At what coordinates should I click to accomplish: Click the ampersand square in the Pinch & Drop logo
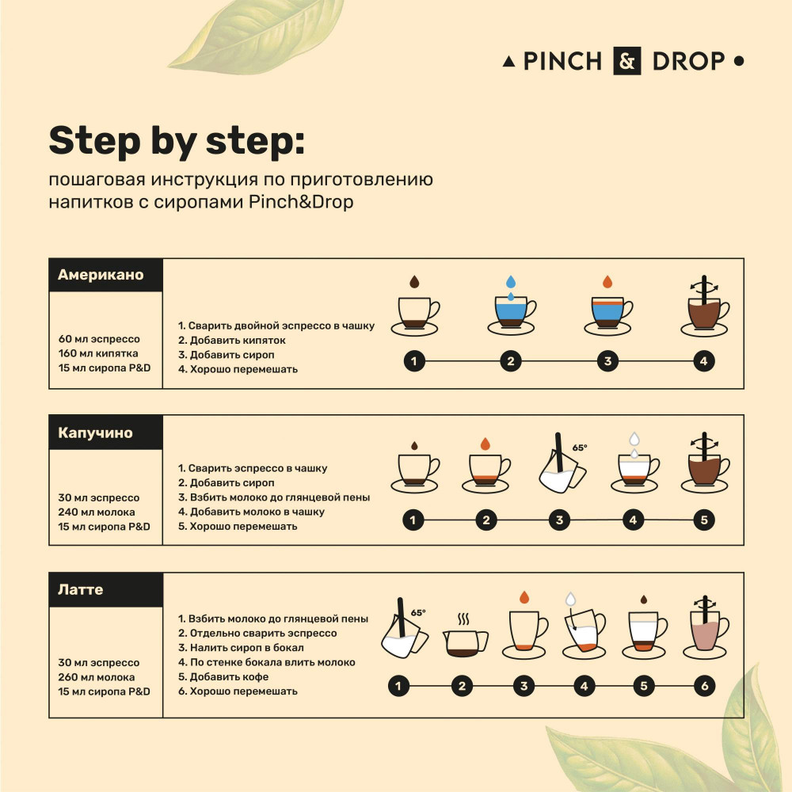point(626,61)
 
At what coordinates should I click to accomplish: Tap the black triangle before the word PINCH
point(509,62)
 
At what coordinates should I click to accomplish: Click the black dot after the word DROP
point(738,61)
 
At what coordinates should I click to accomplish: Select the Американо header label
point(101,275)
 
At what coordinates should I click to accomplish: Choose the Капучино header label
point(95,433)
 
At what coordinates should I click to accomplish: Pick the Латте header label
point(80,589)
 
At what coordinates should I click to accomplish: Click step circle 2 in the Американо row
point(511,361)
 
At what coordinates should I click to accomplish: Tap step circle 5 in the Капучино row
point(704,520)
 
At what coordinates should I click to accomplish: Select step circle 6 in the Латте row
point(704,686)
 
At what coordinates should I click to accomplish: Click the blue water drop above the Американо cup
point(511,282)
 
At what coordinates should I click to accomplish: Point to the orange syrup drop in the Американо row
point(607,282)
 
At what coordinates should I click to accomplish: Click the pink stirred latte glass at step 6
point(706,628)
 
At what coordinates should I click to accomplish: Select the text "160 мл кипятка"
point(98,353)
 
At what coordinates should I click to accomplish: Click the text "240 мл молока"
point(97,512)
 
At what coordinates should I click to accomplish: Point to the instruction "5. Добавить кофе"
point(223,677)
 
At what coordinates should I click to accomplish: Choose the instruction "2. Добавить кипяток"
point(232,341)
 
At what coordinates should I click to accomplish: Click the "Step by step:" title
point(177,142)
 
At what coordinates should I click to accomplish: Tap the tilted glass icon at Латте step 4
point(584,630)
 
